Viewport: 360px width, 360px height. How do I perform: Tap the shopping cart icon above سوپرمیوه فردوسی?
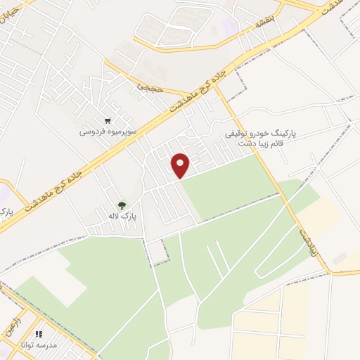click(x=107, y=121)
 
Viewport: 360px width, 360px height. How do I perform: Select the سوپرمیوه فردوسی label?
click(x=107, y=131)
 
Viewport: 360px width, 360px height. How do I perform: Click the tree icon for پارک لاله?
click(x=122, y=205)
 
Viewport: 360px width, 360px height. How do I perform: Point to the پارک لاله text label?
click(x=122, y=216)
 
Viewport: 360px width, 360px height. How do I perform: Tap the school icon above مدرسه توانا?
click(x=39, y=334)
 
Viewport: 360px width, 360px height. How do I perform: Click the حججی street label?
click(x=149, y=90)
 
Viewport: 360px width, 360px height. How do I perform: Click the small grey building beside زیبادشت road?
click(x=340, y=259)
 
